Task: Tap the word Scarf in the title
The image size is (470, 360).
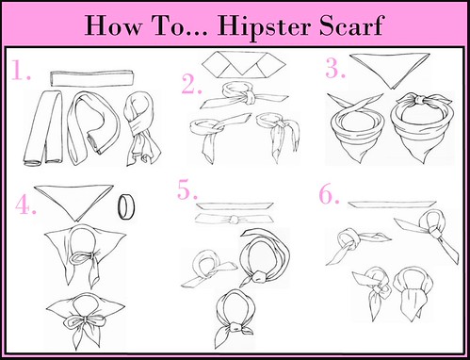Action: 351,25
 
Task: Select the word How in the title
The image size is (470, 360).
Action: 113,25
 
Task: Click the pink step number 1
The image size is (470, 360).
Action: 21,70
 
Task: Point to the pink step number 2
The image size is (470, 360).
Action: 191,84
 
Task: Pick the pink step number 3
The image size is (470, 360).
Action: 335,68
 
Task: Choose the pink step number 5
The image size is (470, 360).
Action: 187,189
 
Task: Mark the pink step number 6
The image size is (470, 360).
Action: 329,194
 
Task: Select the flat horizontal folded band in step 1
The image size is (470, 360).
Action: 92,78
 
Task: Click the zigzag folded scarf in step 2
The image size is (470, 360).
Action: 244,65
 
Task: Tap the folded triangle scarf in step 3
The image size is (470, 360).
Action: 389,71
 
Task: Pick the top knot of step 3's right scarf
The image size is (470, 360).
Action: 419,101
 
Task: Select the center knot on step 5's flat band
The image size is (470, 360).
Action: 234,219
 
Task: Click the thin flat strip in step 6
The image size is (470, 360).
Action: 392,204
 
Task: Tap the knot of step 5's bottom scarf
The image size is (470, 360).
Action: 235,329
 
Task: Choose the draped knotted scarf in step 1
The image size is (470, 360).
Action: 142,129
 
